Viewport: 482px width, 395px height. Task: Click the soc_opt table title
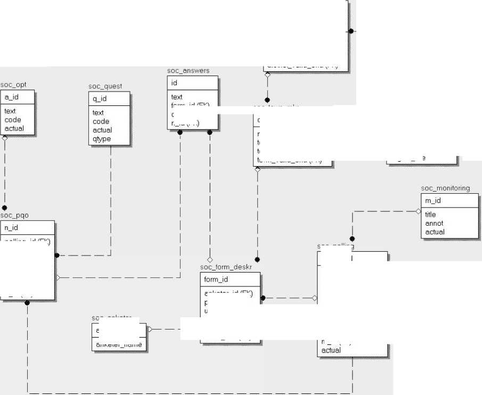(13, 85)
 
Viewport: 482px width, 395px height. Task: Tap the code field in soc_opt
(12, 120)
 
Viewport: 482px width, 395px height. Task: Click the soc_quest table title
(105, 86)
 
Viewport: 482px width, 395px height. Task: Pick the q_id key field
(100, 99)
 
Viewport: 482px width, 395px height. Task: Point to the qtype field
(102, 138)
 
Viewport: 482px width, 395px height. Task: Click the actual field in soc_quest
(102, 130)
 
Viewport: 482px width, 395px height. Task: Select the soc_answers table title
(188, 70)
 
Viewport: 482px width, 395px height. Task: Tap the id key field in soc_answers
(174, 83)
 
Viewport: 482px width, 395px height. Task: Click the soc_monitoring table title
(445, 188)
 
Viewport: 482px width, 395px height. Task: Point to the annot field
(434, 224)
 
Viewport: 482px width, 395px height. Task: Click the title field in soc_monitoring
(430, 215)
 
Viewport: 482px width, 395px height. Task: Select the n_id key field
(11, 228)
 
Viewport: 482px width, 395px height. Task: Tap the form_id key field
(216, 279)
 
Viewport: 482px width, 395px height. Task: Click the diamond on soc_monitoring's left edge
(418, 211)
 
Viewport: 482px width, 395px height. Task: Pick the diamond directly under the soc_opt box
(4, 137)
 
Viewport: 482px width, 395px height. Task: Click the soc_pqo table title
(14, 215)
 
